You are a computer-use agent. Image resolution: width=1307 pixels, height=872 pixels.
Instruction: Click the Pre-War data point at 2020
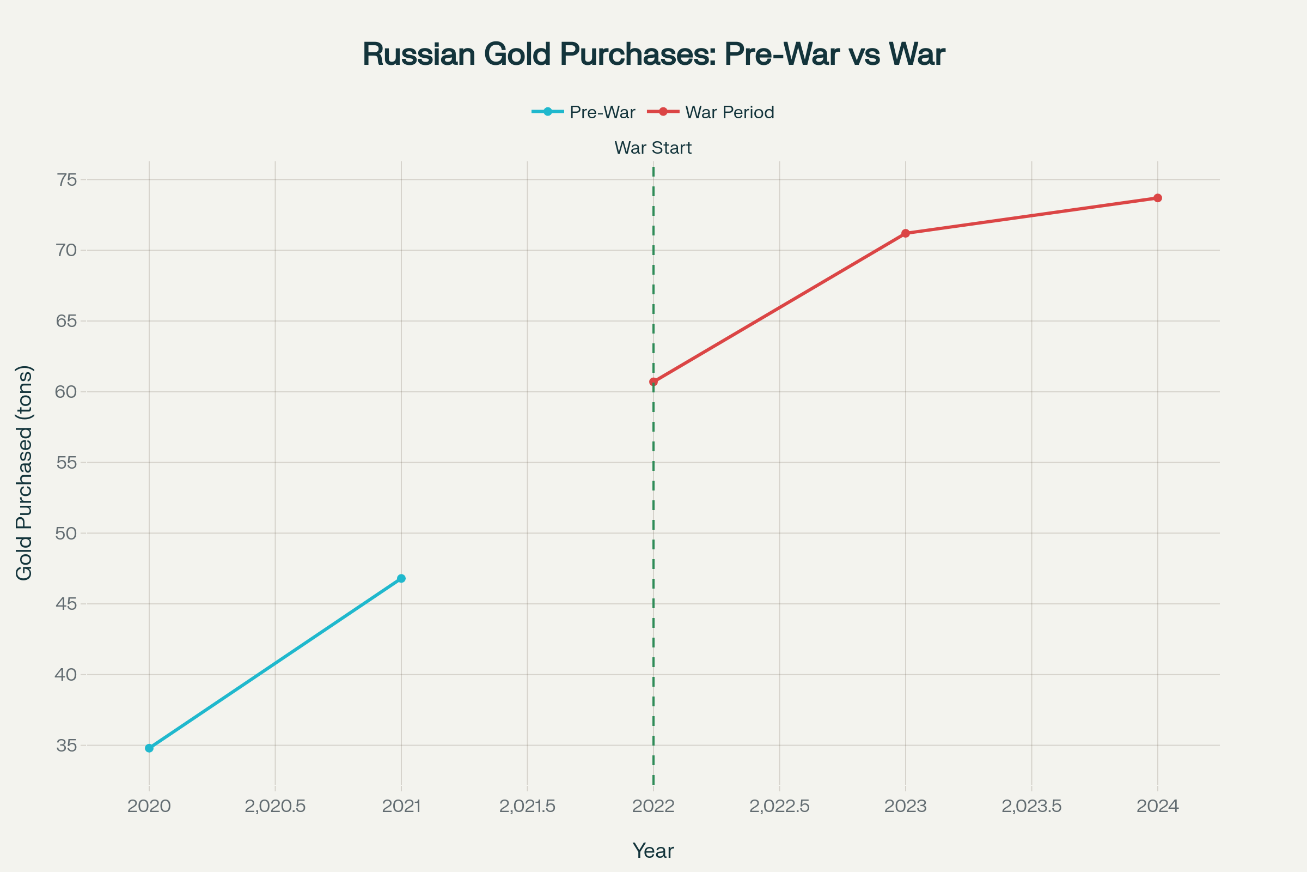tap(149, 748)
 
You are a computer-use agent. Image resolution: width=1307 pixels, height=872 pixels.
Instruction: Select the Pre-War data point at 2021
tap(401, 578)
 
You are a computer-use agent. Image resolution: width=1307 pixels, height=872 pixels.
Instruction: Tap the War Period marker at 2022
tap(653, 381)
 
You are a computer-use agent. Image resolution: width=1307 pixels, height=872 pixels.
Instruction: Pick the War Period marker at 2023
tap(905, 233)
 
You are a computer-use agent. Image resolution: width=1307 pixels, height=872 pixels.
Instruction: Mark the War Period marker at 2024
tap(1158, 198)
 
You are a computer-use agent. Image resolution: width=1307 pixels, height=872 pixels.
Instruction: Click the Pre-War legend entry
tap(583, 112)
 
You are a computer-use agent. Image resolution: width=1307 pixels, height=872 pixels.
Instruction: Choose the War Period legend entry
tap(711, 112)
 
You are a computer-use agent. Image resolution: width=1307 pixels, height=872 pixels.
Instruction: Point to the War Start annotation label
tap(653, 148)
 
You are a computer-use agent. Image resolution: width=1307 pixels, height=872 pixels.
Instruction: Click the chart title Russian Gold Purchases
tap(653, 55)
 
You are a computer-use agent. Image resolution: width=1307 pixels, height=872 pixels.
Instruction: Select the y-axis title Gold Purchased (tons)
tap(25, 473)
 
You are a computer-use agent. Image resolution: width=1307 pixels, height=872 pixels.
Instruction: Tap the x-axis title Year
tap(653, 851)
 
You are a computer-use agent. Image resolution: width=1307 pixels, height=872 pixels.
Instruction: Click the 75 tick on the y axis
tap(66, 180)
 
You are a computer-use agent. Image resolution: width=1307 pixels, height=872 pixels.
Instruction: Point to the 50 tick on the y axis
tap(66, 534)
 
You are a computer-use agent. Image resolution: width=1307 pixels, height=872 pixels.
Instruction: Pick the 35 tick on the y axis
tap(66, 745)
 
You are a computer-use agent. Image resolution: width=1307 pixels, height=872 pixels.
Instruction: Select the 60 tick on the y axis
tap(66, 391)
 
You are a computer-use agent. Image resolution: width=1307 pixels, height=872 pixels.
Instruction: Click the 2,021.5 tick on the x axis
tap(527, 807)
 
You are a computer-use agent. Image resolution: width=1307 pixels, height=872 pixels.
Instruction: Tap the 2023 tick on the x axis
tap(905, 807)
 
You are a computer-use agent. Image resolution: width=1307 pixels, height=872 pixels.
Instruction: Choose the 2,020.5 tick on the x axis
tap(275, 807)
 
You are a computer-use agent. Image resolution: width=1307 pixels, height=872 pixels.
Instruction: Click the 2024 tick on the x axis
tap(1158, 807)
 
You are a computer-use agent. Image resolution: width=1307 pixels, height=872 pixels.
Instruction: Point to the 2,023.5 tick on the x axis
tap(1031, 807)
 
